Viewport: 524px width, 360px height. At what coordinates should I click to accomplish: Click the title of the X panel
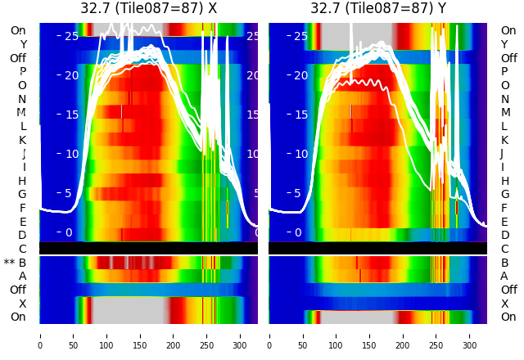point(148,8)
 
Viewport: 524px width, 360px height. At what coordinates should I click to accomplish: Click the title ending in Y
point(377,8)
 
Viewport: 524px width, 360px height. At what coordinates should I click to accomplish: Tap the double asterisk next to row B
point(10,263)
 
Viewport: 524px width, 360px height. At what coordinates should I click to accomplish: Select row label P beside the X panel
point(23,72)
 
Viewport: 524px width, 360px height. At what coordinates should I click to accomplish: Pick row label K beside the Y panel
point(504,140)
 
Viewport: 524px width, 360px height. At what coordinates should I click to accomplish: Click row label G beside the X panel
point(23,194)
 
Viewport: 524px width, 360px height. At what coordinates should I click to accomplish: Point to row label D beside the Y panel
point(504,235)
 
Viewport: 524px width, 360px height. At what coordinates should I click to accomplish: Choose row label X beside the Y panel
point(504,304)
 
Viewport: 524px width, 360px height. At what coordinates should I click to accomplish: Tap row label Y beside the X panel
point(23,44)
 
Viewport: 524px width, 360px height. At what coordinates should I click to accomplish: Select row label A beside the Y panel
point(504,276)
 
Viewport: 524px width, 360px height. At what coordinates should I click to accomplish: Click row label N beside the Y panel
point(504,99)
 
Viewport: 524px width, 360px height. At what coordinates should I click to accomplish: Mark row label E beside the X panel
point(23,222)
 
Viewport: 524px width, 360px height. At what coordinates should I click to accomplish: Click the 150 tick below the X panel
point(140,335)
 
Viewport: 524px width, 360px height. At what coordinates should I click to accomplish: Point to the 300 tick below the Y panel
point(470,335)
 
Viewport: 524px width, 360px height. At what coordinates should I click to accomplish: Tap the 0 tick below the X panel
point(40,335)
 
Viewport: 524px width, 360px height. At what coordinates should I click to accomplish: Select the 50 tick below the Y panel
point(303,335)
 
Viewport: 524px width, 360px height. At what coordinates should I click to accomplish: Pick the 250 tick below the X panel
point(207,335)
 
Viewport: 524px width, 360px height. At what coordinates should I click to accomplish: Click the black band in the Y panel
point(377,248)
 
